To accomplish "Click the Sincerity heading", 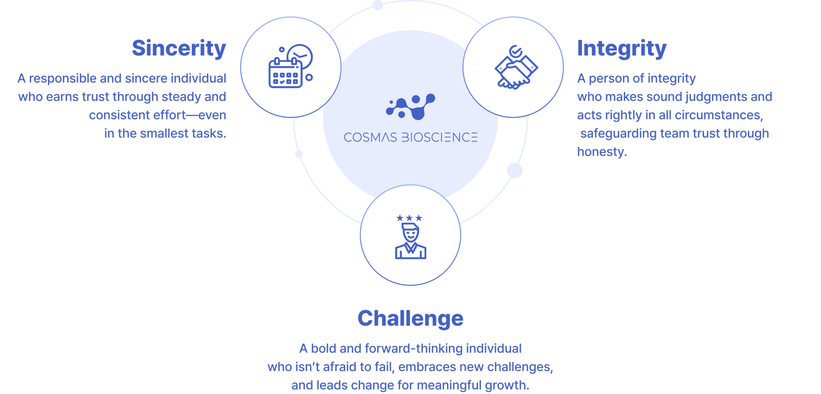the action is [179, 48].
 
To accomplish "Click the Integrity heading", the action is [622, 49].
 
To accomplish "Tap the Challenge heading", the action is [410, 318].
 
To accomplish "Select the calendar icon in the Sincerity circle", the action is [285, 74].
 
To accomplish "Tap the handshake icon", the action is [516, 71].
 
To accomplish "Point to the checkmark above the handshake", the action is [516, 51].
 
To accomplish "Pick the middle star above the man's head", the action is [409, 218].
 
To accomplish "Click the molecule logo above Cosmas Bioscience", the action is [410, 107].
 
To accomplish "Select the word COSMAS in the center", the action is [370, 137].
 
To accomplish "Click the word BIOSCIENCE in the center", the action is [439, 137].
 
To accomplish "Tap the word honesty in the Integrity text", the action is [602, 152].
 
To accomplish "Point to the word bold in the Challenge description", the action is [323, 349].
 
